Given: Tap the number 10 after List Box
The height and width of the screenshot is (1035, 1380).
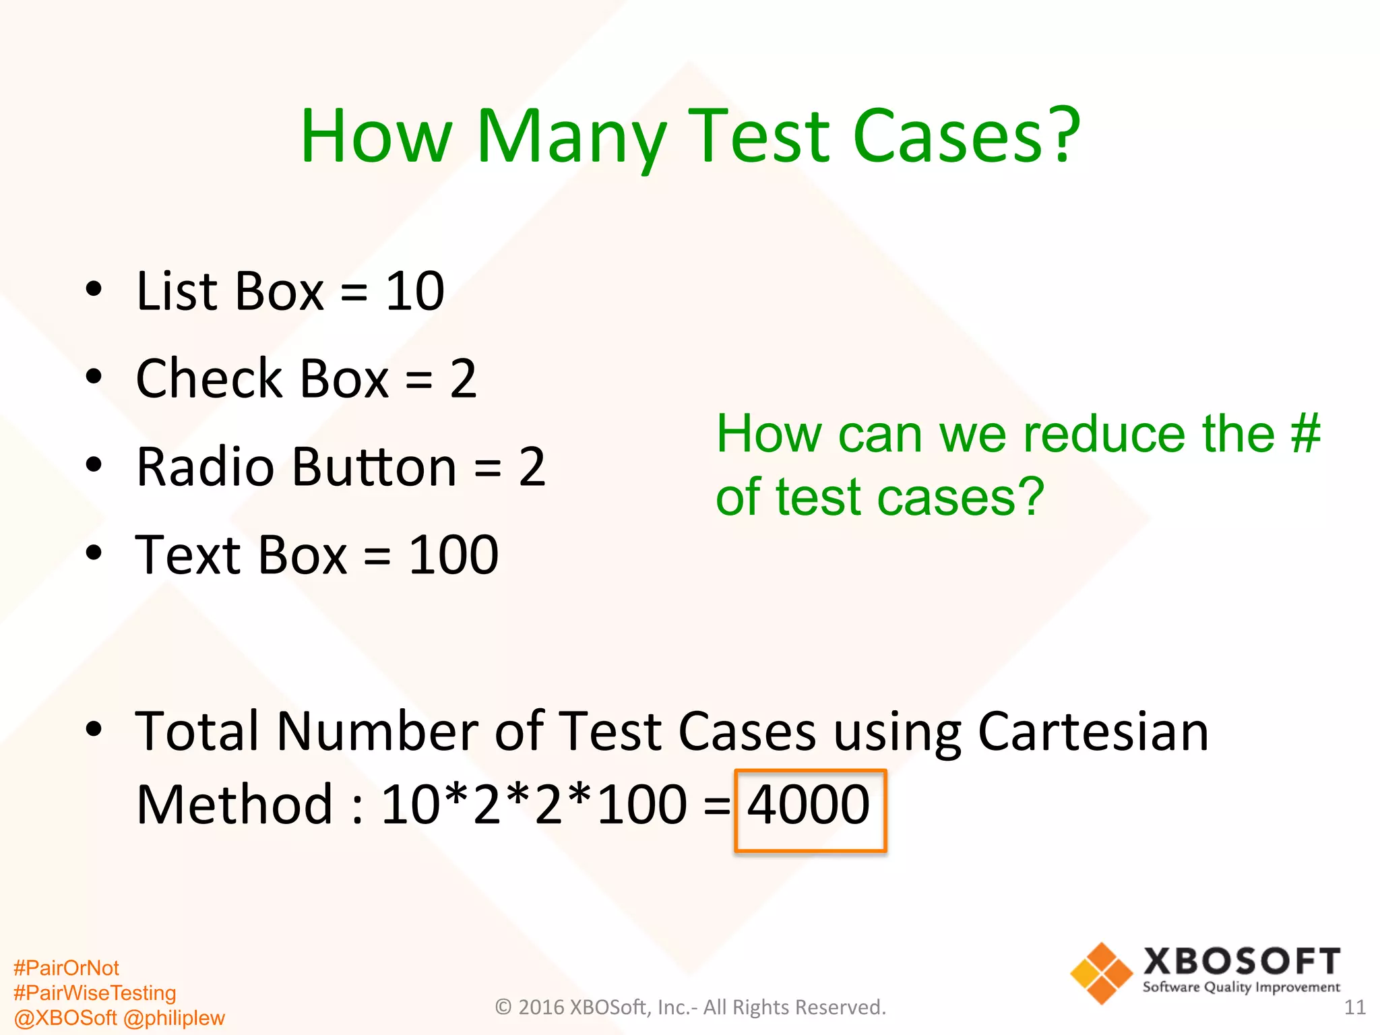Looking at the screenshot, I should tap(414, 291).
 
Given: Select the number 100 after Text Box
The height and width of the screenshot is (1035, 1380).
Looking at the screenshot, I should tap(453, 555).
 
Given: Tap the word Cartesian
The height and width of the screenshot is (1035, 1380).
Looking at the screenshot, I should tap(1093, 732).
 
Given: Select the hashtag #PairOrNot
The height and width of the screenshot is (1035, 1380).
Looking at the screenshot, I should tap(66, 968).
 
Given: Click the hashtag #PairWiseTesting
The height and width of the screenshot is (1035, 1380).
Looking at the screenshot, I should tap(94, 993).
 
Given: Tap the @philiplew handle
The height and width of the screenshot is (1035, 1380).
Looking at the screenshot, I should tap(174, 1017).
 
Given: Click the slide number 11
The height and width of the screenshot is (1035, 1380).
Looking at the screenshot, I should tap(1354, 1007).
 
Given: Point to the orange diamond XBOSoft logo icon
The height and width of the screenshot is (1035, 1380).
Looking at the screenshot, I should tap(1101, 973).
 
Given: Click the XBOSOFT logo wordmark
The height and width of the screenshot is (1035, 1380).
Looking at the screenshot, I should tap(1241, 962).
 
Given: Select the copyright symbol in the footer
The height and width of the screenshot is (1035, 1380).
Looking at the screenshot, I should tap(503, 1007).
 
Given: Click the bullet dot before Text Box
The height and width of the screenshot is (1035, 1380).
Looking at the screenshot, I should tap(94, 553).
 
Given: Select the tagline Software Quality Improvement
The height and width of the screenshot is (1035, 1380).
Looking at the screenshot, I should tap(1241, 987).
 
